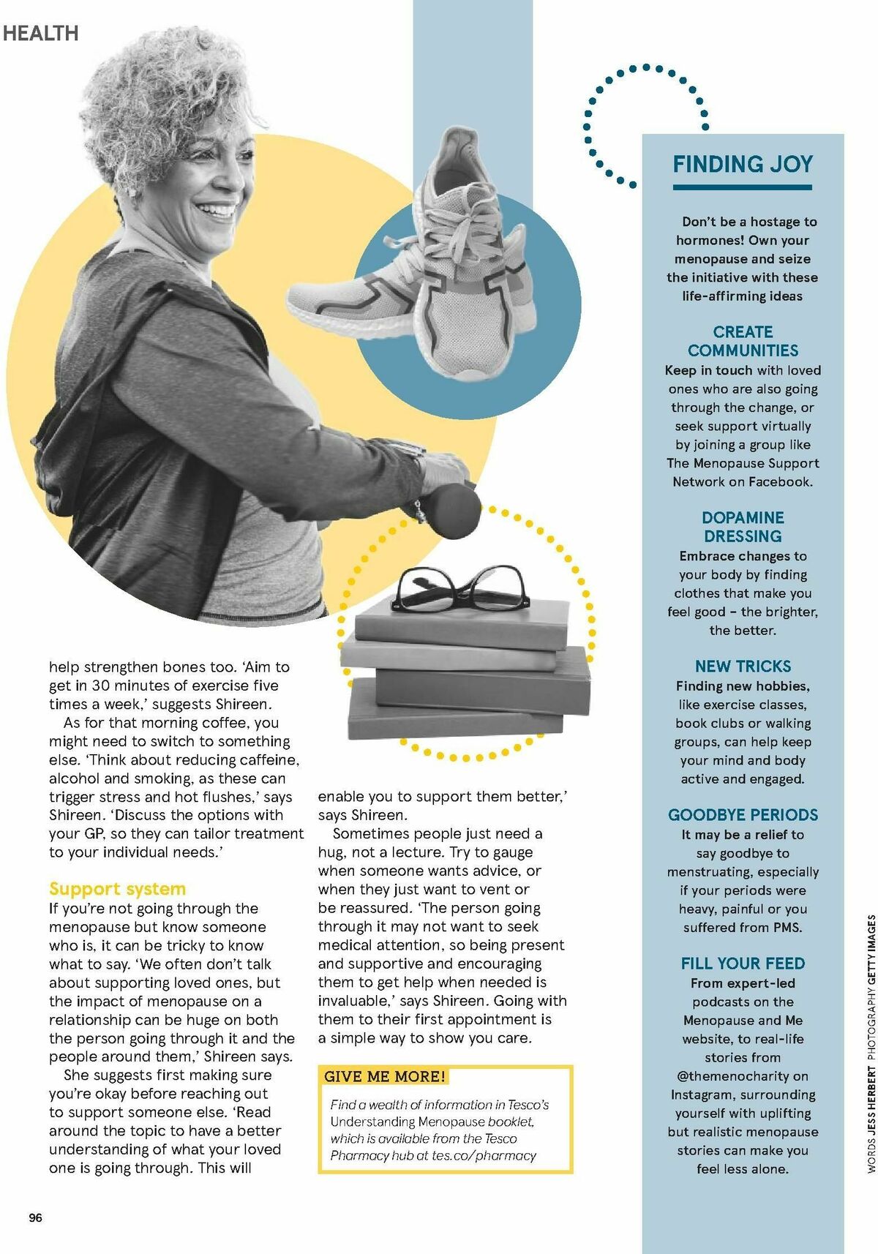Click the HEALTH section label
40,33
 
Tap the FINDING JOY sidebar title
743,164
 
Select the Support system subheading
117,888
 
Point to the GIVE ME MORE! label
385,1076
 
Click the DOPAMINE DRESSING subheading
743,527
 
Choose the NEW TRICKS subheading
743,667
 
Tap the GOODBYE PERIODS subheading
743,814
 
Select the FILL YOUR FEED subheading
743,963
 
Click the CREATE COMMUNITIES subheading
743,341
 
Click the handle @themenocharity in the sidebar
742,1076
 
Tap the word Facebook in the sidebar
779,481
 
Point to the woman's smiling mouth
217,211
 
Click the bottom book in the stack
454,709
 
